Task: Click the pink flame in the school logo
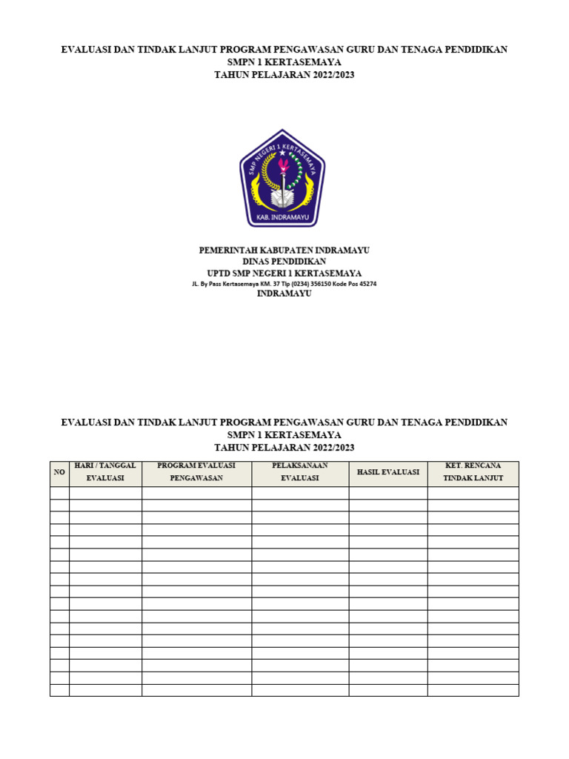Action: click(x=282, y=163)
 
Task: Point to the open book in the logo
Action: click(x=282, y=199)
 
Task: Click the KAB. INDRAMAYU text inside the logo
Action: click(x=282, y=218)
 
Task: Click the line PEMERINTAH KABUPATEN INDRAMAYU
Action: click(x=284, y=251)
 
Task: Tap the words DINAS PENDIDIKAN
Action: click(x=284, y=262)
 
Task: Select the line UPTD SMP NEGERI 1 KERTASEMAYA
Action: click(x=284, y=273)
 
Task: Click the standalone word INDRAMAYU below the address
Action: click(x=284, y=294)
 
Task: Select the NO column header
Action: click(x=59, y=472)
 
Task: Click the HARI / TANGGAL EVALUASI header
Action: click(x=105, y=472)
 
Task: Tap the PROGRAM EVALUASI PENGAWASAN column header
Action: click(x=196, y=472)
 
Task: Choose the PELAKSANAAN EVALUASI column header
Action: click(x=300, y=472)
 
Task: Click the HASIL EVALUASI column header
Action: click(x=388, y=472)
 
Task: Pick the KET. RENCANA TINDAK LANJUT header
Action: click(x=473, y=472)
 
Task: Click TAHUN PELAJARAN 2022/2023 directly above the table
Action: click(x=284, y=448)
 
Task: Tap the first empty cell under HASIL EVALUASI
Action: click(x=388, y=493)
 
